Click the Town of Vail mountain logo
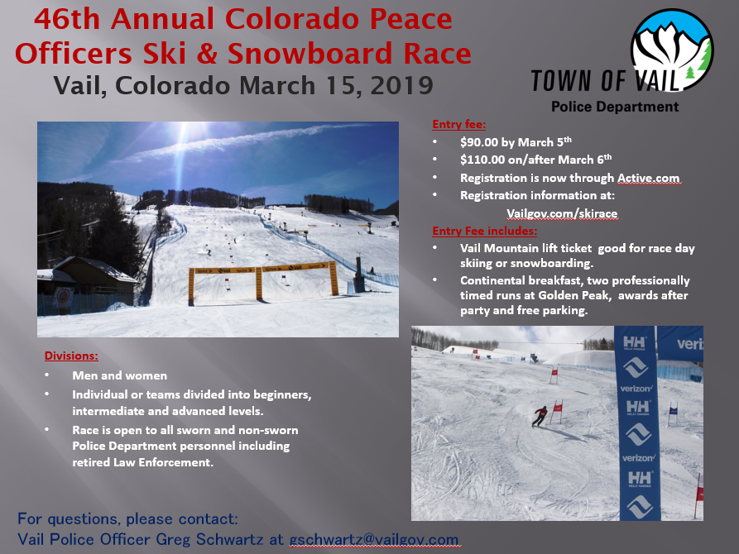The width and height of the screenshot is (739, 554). (672, 50)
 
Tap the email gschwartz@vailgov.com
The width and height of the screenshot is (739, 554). (374, 539)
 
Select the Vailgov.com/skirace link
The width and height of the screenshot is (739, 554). (562, 213)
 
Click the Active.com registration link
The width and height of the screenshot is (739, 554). (649, 178)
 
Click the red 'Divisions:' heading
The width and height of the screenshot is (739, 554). (72, 356)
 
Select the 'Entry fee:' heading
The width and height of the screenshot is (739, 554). (459, 124)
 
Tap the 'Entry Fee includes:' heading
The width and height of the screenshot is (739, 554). (484, 231)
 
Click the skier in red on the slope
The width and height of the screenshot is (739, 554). (540, 416)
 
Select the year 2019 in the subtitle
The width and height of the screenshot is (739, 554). (401, 86)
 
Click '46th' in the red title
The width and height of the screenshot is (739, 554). (67, 19)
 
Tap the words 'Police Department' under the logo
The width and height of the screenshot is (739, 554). (615, 107)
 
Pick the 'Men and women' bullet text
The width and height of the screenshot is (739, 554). (120, 375)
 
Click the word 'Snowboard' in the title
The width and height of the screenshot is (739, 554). (310, 53)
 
